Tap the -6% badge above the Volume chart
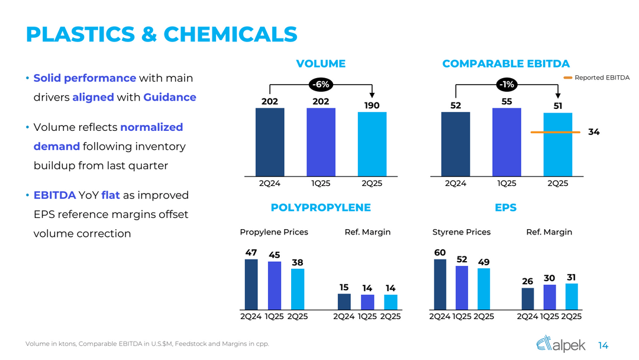point(321,85)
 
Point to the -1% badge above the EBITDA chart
point(507,85)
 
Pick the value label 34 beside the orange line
point(593,132)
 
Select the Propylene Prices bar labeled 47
point(251,284)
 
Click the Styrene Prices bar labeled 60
point(440,284)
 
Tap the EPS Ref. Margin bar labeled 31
point(572,296)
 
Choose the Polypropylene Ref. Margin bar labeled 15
point(344,301)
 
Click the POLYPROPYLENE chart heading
point(321,207)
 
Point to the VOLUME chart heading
point(321,63)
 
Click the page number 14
point(603,345)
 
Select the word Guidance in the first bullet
point(170,97)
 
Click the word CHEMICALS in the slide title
point(230,34)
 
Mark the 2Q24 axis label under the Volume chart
point(270,183)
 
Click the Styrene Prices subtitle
point(461,232)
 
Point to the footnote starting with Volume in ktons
point(147,345)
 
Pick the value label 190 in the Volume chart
point(372,105)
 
